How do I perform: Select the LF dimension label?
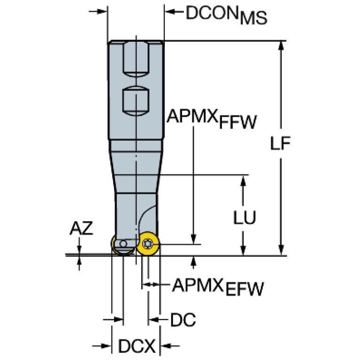[x=280, y=143]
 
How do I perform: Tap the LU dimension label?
[x=244, y=217]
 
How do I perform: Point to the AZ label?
[x=81, y=228]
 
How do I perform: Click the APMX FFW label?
[x=212, y=119]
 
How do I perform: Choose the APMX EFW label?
[x=218, y=287]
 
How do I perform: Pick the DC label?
[x=183, y=320]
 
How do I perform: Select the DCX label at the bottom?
[x=137, y=346]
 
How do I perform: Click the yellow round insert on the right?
[x=148, y=244]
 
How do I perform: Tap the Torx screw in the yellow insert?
[x=147, y=244]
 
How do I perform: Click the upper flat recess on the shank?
[x=136, y=59]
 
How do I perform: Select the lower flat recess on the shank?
[x=136, y=101]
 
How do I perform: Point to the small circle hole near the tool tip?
[x=123, y=244]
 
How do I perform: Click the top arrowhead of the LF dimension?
[x=281, y=46]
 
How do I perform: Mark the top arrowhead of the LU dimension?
[x=243, y=181]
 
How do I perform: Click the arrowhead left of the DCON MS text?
[x=170, y=11]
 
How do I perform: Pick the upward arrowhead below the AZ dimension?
[x=79, y=261]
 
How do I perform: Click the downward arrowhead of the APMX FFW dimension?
[x=193, y=239]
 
